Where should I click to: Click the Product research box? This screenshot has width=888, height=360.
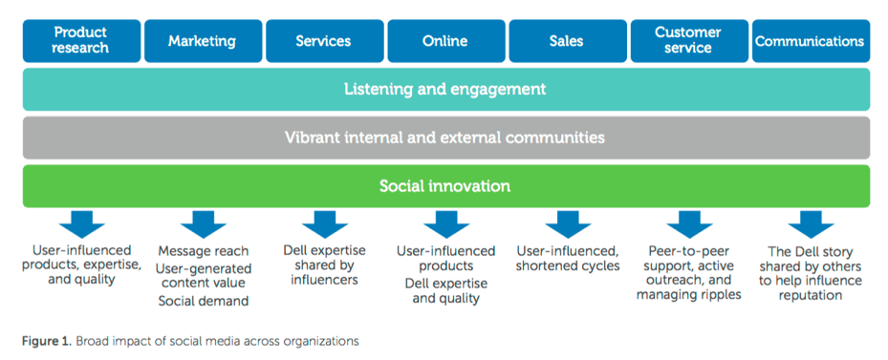(81, 41)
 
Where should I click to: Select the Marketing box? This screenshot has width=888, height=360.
(203, 41)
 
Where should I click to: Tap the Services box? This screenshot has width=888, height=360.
(324, 41)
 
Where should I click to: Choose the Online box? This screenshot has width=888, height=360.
(446, 41)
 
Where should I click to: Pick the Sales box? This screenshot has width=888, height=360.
(568, 41)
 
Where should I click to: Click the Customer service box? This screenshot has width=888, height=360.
(689, 41)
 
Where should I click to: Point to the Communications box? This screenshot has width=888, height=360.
(811, 41)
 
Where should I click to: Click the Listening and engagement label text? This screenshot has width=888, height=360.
(445, 90)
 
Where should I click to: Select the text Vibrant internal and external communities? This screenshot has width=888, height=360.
(445, 138)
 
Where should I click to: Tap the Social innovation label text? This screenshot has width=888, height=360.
(445, 185)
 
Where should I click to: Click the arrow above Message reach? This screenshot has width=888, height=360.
(204, 224)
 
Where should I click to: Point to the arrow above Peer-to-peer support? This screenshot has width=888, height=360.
(689, 224)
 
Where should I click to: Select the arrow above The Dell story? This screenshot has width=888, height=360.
(811, 224)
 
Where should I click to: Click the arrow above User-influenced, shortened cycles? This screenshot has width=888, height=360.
(568, 224)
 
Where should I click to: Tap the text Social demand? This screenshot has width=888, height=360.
(204, 301)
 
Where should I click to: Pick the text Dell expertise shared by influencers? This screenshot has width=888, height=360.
(324, 265)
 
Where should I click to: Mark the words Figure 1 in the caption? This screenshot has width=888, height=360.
(48, 341)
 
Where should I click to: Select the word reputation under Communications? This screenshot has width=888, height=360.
(811, 295)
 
